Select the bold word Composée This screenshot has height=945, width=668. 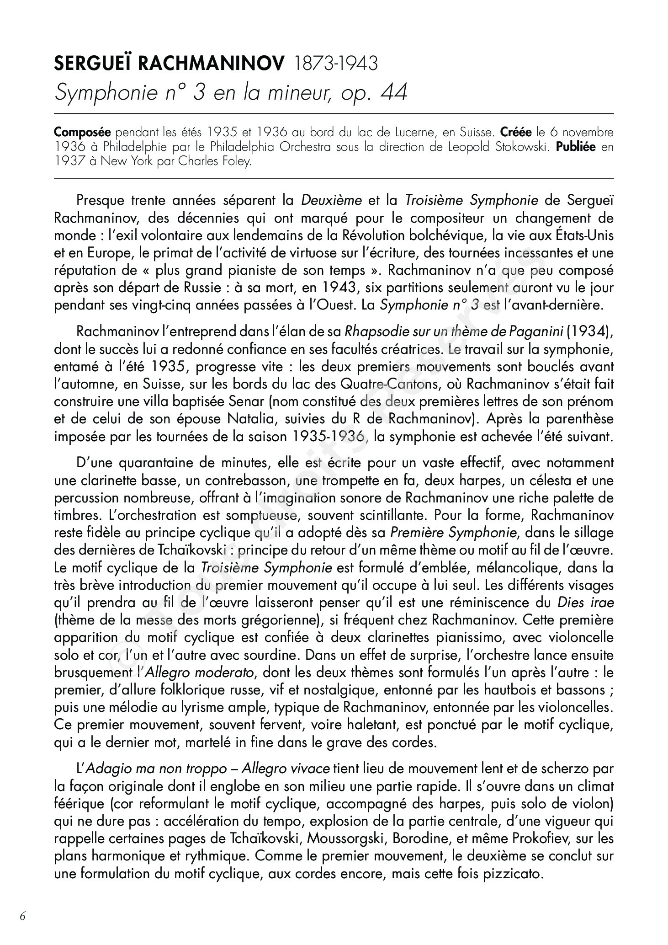tap(82, 133)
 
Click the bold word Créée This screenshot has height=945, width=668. tap(516, 133)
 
